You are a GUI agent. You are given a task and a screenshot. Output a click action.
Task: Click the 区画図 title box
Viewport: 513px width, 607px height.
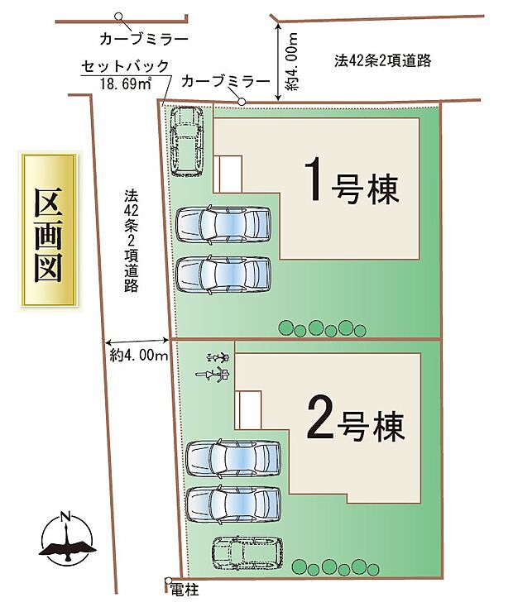pos(50,232)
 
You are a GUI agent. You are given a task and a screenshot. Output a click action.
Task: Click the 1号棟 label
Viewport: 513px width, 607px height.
pos(352,181)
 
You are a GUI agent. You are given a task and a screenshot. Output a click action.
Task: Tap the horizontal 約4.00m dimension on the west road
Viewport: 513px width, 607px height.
pos(139,354)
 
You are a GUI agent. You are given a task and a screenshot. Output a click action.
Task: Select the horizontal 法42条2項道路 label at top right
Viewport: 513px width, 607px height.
pos(383,60)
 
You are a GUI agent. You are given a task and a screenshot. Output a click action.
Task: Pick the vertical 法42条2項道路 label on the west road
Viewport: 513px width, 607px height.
pos(131,241)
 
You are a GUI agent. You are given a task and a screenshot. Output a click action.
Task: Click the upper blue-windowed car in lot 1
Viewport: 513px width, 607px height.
pos(223,224)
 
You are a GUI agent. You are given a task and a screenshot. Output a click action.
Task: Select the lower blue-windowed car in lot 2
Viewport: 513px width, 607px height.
pos(233,503)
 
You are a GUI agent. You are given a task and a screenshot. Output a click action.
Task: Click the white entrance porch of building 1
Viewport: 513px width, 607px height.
pos(229,173)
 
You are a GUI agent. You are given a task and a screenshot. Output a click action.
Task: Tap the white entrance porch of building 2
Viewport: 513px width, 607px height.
pos(249,409)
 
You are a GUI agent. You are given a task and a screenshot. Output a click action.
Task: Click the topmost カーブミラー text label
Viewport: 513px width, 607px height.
pos(142,38)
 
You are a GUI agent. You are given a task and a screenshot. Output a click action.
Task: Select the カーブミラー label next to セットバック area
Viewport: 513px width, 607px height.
pos(225,81)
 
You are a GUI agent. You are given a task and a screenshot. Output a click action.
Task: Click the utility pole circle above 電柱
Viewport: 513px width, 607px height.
pos(168,580)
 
